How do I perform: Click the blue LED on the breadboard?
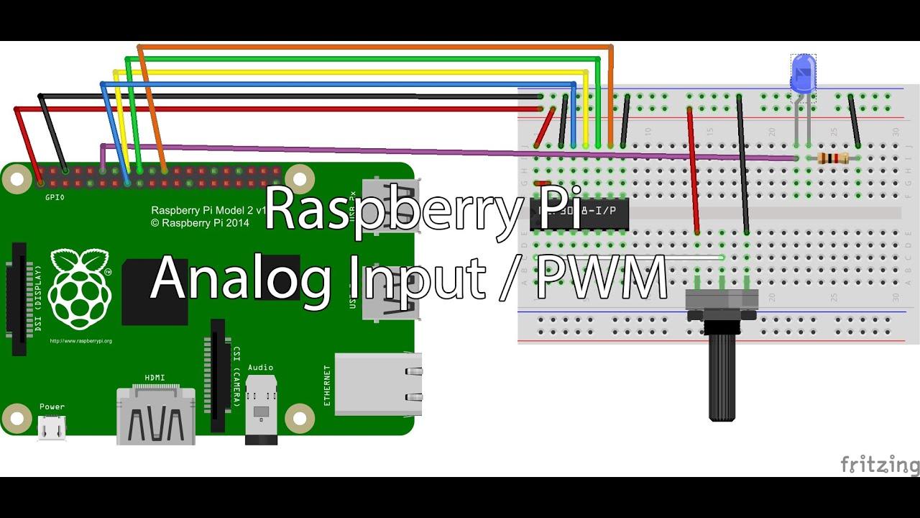coord(803,73)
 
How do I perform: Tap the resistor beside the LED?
coord(833,158)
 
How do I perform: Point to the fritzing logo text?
coord(879,465)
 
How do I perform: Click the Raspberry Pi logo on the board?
coord(80,288)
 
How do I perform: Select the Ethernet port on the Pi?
coord(377,384)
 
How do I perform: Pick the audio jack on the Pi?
coord(261,410)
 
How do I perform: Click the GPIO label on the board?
coord(55,197)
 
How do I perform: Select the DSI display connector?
coord(19,299)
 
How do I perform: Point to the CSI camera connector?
coord(218,374)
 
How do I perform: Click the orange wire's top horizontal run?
coord(374,47)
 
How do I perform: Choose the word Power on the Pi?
coord(52,406)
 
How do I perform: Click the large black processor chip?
coord(155,291)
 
